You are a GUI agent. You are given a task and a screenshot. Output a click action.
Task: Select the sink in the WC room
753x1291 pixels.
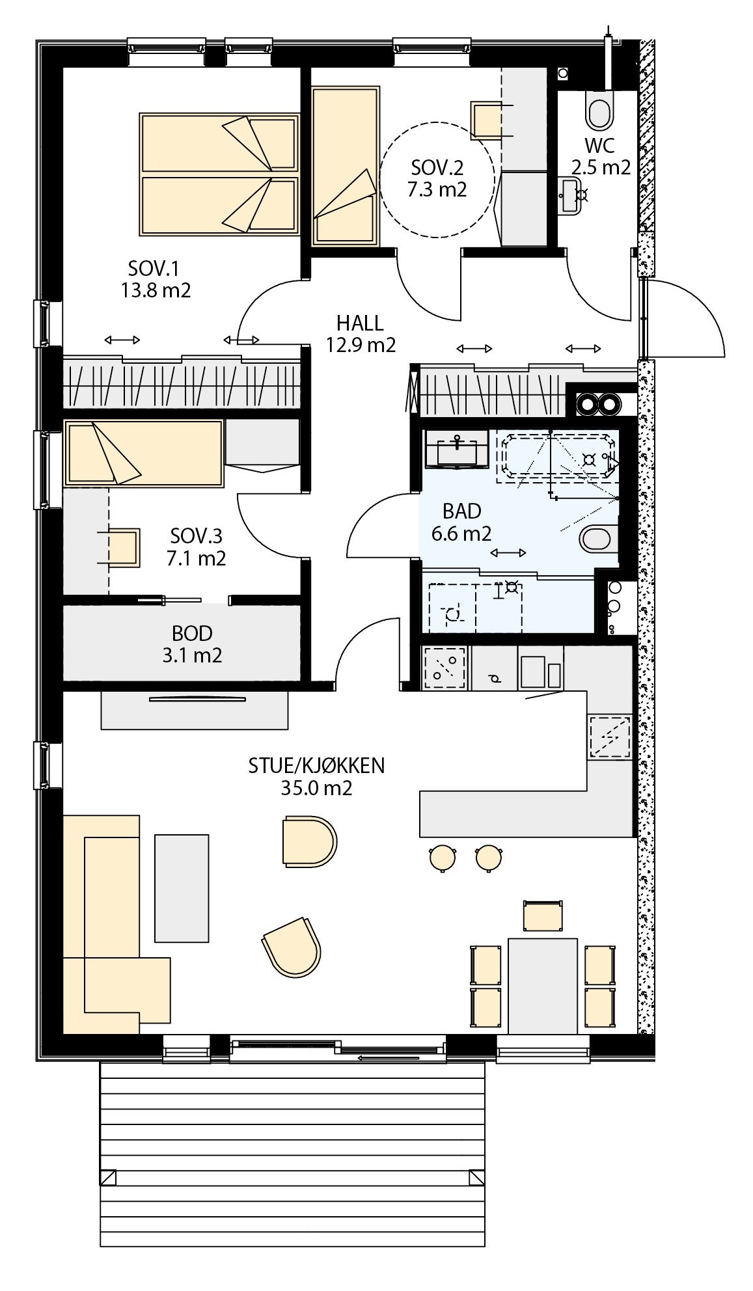[x=571, y=195]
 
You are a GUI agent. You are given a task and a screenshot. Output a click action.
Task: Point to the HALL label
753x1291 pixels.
[x=360, y=322]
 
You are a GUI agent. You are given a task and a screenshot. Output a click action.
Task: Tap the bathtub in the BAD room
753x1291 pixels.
[x=556, y=459]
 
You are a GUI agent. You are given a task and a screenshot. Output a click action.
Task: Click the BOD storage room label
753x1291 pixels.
[x=192, y=632]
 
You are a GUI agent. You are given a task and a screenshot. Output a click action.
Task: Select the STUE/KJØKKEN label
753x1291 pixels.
[x=316, y=765]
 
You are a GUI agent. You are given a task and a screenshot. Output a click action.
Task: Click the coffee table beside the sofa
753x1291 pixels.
[x=182, y=888]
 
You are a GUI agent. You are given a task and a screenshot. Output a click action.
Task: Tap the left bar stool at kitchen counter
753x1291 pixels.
[x=443, y=857]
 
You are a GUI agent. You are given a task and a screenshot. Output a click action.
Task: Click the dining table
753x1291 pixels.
[x=542, y=985]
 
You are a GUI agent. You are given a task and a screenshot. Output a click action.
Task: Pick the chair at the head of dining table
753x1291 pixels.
[x=542, y=915]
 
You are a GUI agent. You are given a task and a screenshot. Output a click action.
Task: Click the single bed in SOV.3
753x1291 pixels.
[x=144, y=453]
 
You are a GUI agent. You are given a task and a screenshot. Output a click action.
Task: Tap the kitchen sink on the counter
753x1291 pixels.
[x=609, y=737]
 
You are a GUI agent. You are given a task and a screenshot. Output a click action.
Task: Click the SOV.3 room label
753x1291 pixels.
[x=196, y=536]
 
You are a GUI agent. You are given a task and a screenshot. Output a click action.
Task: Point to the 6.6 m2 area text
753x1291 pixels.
[x=461, y=534]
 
